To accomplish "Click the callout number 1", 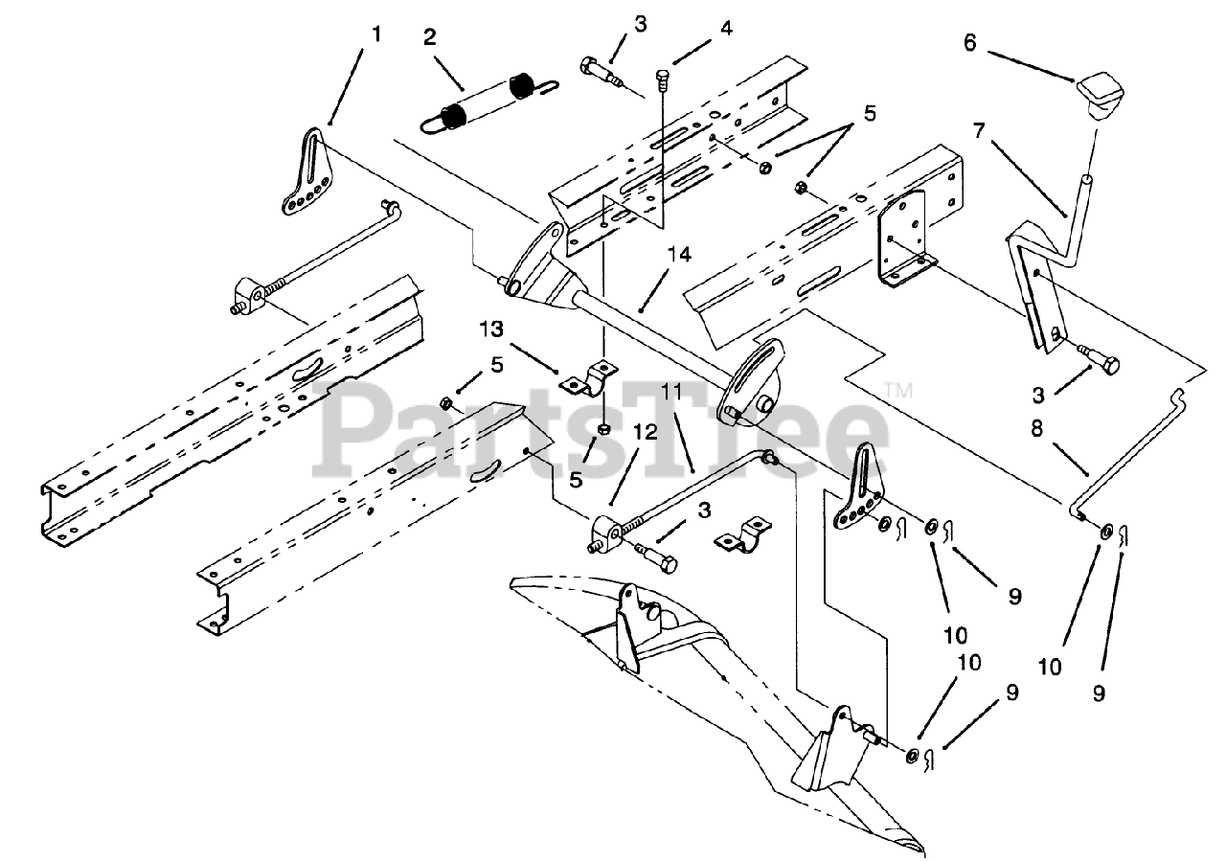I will click(376, 34).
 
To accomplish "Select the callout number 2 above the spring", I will click(430, 37).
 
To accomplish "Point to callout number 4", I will click(727, 29).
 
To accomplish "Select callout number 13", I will click(491, 330).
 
